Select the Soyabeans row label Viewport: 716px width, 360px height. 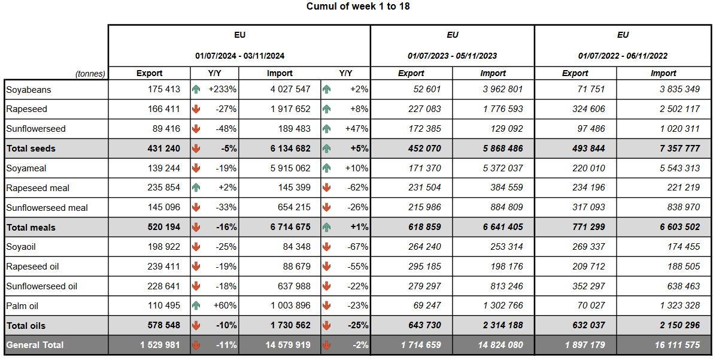(28, 89)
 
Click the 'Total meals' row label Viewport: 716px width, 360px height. (31, 228)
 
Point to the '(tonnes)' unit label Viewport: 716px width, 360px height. (90, 74)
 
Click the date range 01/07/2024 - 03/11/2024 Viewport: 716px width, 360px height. (239, 56)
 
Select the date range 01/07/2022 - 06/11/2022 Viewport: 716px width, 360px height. (623, 56)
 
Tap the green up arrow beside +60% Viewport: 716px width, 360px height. (196, 306)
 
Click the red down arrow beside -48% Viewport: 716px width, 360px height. (196, 129)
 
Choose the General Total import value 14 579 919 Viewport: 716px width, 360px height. (288, 345)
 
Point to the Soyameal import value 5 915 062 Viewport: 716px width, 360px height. (291, 168)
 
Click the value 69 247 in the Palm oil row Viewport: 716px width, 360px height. (427, 306)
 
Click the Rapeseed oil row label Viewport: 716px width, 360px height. (32, 267)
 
